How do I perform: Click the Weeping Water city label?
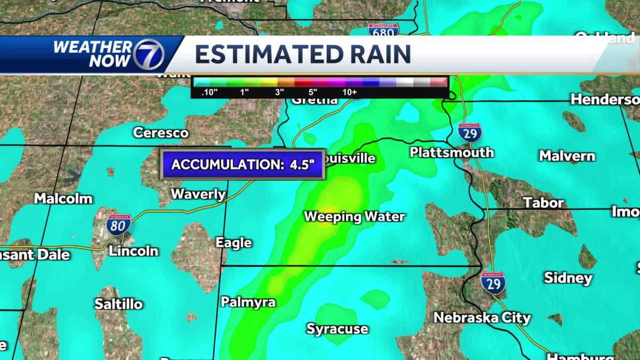[x=354, y=217]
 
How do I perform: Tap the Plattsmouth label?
[x=451, y=153]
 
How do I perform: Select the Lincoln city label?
[x=133, y=251]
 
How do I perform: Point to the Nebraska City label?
[x=482, y=318]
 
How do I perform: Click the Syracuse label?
[x=337, y=329]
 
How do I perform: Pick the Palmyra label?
[x=248, y=302]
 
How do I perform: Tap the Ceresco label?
[x=161, y=132]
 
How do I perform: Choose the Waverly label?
[x=198, y=194]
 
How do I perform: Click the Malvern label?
[x=566, y=156]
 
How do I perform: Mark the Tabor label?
[x=543, y=203]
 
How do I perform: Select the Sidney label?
[x=568, y=278]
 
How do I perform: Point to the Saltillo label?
[x=118, y=304]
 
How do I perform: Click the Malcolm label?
[x=63, y=198]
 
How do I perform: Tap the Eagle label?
[x=234, y=243]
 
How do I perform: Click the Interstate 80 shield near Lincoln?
[x=118, y=225]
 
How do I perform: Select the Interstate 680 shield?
[x=382, y=30]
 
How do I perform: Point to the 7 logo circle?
[x=148, y=54]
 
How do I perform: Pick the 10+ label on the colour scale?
[x=350, y=92]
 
